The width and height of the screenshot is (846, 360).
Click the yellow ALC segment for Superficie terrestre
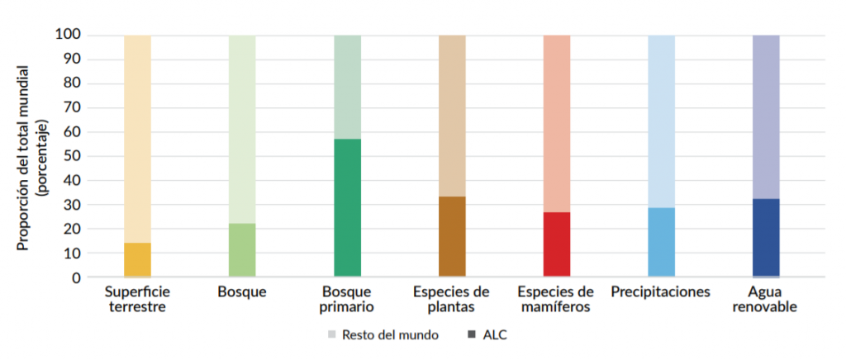137,260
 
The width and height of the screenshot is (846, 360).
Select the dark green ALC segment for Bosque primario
347,208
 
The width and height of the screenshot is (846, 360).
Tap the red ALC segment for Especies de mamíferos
557,244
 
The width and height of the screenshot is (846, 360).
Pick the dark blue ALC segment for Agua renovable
766,238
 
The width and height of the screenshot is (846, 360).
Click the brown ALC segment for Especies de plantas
452,236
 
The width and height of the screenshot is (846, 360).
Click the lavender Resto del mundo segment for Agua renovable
766,116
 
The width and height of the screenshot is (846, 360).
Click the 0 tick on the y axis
75,277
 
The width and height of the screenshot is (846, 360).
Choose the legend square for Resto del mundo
332,334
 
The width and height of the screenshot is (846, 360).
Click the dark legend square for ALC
472,334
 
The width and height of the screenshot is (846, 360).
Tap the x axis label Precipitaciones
661,292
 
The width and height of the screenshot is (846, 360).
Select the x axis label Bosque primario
348,299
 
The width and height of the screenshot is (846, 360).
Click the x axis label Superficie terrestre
137,299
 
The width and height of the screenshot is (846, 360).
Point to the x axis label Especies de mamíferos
556,299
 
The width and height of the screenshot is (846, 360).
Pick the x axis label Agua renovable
765,299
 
